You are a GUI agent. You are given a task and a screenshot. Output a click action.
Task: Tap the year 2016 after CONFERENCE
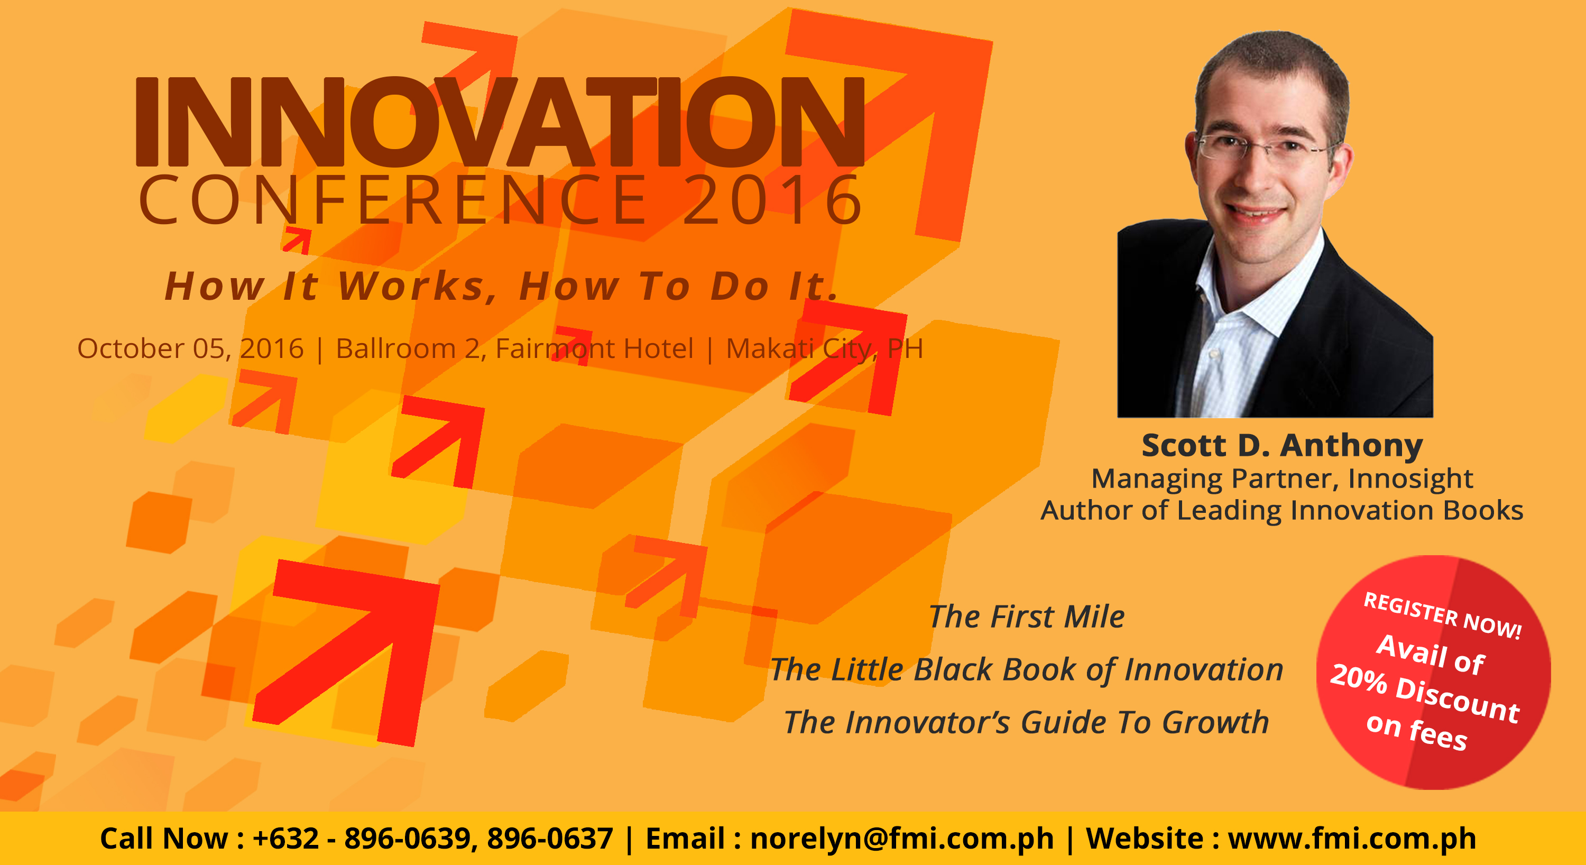click(x=773, y=199)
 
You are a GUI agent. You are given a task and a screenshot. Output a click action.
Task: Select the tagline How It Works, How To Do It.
click(x=502, y=286)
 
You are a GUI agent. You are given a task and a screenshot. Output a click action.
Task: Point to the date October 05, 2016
click(x=190, y=349)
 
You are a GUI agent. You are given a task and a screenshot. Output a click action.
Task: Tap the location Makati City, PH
click(x=824, y=349)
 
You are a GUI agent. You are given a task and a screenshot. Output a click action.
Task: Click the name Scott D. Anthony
click(x=1283, y=445)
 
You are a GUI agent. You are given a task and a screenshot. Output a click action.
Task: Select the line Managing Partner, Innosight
click(x=1283, y=479)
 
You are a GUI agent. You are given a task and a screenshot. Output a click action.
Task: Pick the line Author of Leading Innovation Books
click(x=1283, y=510)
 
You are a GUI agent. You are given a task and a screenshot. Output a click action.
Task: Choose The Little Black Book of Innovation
click(x=1027, y=670)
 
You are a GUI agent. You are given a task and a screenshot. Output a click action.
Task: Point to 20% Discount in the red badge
click(x=1425, y=693)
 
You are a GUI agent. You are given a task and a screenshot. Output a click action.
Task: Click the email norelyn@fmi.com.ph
click(x=902, y=839)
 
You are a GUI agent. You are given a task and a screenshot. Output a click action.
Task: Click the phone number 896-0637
click(x=550, y=839)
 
